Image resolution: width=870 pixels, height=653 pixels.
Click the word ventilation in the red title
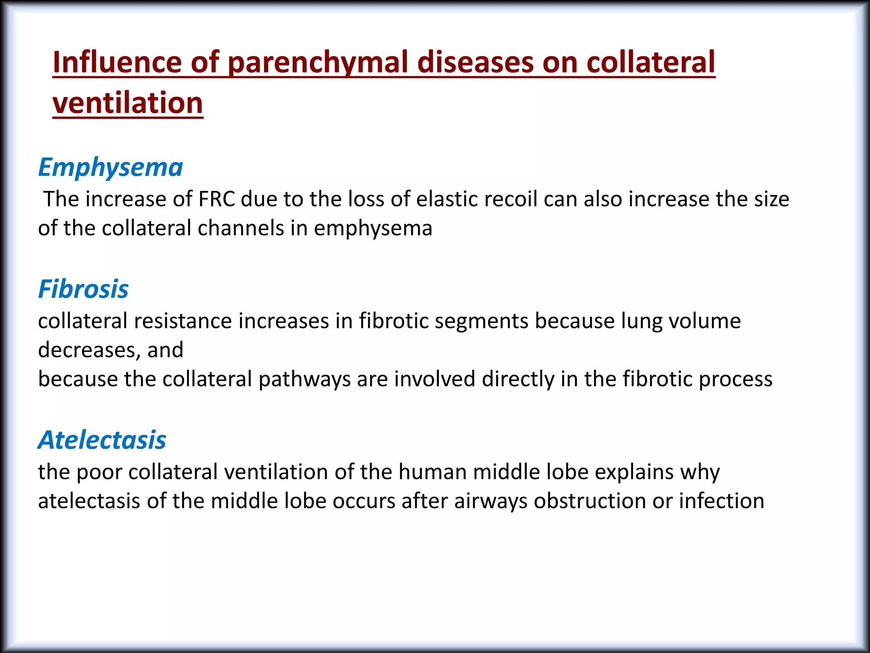coord(128,103)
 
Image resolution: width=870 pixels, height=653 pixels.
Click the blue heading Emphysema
coord(110,167)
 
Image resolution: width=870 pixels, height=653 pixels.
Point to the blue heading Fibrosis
coord(83,289)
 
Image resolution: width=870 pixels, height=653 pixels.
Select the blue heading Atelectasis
coord(102,440)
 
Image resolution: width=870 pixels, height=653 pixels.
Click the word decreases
coord(89,350)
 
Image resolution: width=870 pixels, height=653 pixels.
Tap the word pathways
coord(304,379)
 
